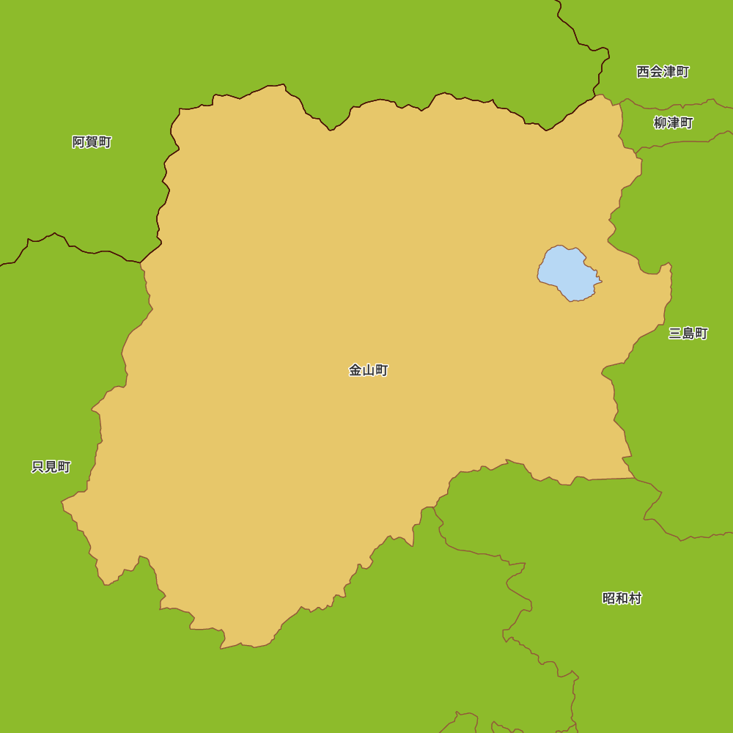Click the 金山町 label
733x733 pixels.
368,370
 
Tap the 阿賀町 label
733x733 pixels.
92,142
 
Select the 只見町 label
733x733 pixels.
51,467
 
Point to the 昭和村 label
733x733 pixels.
622,598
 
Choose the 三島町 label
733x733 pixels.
688,334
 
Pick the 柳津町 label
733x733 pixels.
673,123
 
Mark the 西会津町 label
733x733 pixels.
663,72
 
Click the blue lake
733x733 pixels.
569,273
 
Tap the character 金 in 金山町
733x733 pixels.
356,370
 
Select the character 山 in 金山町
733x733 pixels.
368,370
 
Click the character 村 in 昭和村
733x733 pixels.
635,598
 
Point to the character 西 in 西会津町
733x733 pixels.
643,72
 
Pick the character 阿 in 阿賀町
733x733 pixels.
78,142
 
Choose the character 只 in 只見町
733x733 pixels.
38,467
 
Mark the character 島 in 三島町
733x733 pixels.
688,334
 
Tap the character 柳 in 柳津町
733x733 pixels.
660,123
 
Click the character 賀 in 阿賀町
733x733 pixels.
92,142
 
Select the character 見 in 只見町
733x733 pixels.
51,467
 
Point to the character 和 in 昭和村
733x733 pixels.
622,598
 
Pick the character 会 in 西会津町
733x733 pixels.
656,72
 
